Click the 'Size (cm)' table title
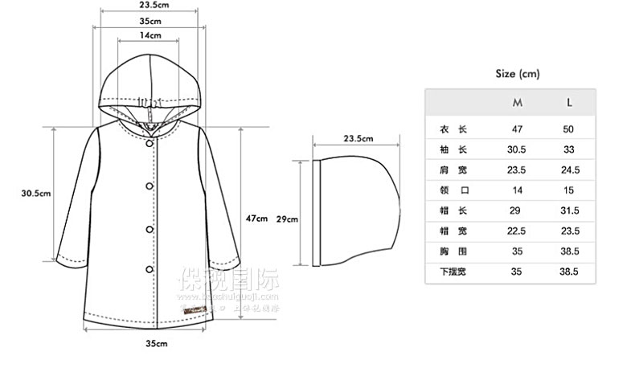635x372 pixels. tap(518, 74)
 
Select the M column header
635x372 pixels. tap(518, 103)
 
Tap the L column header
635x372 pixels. tap(569, 103)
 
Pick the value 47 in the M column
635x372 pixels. tap(518, 129)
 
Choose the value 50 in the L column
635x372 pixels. tap(569, 129)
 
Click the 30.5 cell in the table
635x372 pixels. tap(518, 149)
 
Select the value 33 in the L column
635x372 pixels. tap(569, 149)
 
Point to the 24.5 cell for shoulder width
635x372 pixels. tap(569, 170)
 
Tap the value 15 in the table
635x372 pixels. tap(569, 190)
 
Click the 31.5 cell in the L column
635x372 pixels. tap(569, 211)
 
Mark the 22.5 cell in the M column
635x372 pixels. tap(518, 231)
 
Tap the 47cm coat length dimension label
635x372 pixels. tap(256, 218)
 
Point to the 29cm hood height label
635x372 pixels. tap(287, 219)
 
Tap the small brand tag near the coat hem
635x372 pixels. tap(194, 309)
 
